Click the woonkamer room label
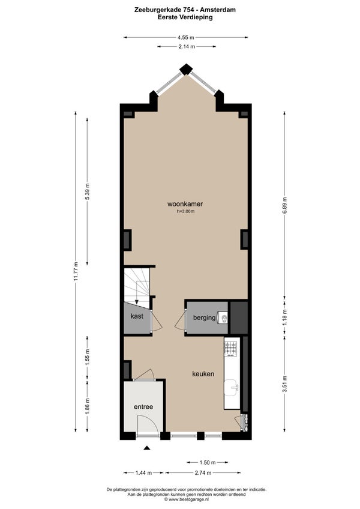coord(185,204)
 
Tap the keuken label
coord(203,374)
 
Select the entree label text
coord(143,407)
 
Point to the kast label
coord(137,316)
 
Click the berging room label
coord(204,318)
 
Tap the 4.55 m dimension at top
coord(185,37)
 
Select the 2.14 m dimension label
coord(187,46)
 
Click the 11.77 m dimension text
coord(76,271)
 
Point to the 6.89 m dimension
coord(284,205)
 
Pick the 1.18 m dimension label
coord(284,317)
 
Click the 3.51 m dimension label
coord(284,384)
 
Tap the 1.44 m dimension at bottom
coord(143,472)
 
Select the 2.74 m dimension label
coord(203,472)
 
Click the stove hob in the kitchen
coord(231,348)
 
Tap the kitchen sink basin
coord(232,388)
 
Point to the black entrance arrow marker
coord(147,448)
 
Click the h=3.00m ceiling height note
coord(185,211)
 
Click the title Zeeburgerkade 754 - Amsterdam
coord(185,10)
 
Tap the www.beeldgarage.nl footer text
coord(186,499)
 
